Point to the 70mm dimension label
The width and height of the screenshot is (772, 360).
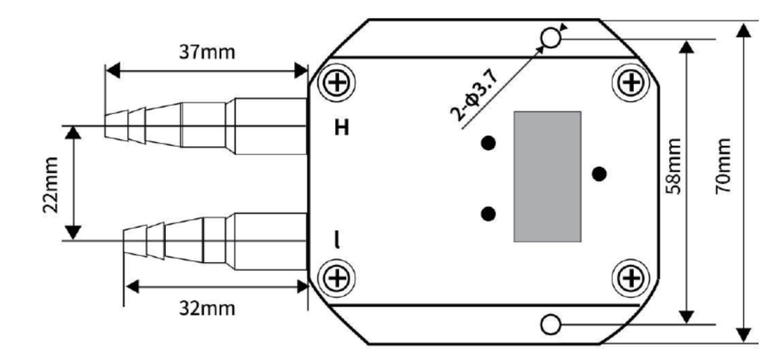pyautogui.click(x=722, y=166)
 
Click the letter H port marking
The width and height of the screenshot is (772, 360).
pyautogui.click(x=344, y=128)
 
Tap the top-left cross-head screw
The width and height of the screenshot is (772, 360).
pyautogui.click(x=336, y=83)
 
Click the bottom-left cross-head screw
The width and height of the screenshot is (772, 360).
pyautogui.click(x=336, y=277)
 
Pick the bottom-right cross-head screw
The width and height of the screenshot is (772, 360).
pyautogui.click(x=631, y=276)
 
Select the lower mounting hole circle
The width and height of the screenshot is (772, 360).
pyautogui.click(x=551, y=324)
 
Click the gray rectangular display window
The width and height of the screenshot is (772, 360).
pyautogui.click(x=547, y=177)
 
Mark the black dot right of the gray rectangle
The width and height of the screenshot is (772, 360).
pyautogui.click(x=599, y=174)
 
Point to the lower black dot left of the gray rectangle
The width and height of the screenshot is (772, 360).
pyautogui.click(x=489, y=214)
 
